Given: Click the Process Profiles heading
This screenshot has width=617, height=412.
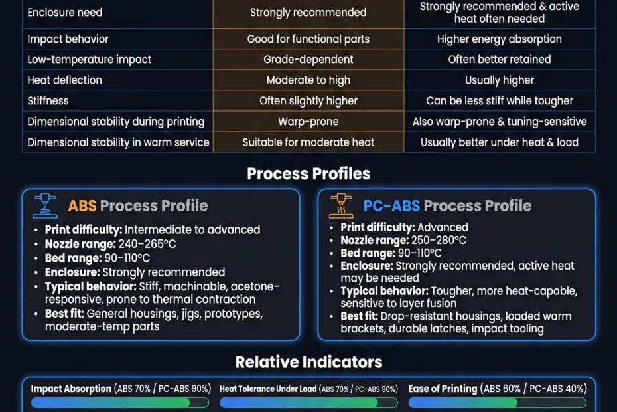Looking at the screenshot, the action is click(308, 174).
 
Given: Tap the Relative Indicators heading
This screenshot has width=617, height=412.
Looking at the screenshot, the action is click(308, 362).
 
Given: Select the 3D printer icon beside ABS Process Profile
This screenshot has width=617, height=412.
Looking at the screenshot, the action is click(45, 206).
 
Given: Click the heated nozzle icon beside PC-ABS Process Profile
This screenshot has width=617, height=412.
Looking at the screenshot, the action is click(341, 206).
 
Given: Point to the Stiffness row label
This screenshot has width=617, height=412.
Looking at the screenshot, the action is click(48, 101).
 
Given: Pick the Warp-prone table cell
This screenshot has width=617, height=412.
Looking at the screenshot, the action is click(308, 122).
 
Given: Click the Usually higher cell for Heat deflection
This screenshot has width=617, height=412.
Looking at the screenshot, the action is click(500, 80).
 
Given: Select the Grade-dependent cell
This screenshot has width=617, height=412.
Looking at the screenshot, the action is click(308, 60).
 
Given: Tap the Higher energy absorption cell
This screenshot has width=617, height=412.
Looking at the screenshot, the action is click(500, 39).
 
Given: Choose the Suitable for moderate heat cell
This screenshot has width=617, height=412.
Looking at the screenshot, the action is click(308, 142).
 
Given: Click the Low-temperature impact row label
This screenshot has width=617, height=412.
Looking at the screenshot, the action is click(90, 60).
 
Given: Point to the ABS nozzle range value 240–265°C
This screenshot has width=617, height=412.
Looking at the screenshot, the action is click(147, 244).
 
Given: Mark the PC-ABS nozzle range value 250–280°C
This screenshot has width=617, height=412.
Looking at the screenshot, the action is click(437, 240).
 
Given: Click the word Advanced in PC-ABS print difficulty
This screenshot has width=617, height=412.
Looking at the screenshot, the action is click(443, 227).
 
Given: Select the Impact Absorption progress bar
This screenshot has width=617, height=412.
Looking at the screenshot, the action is click(120, 403).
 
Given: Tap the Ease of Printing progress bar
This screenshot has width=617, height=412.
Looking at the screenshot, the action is click(498, 403).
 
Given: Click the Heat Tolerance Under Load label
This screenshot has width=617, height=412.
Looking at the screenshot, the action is click(268, 389).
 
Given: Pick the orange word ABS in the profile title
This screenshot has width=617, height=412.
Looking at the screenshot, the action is click(82, 206).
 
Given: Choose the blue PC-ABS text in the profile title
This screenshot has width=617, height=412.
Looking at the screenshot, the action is click(391, 206).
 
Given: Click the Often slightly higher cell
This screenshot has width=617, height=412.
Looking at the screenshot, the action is click(308, 101).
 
